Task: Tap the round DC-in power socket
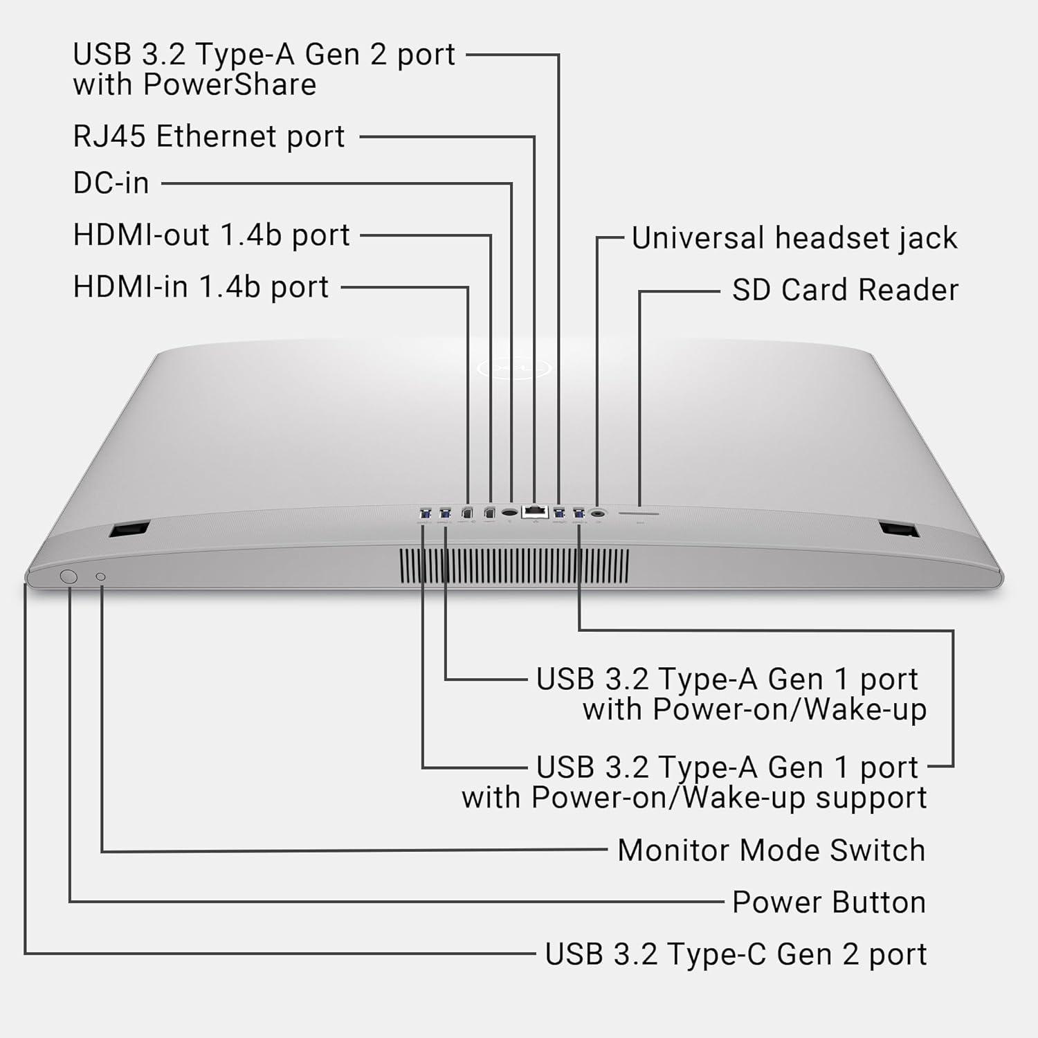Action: [511, 513]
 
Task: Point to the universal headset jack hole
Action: [598, 513]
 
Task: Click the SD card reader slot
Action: [639, 513]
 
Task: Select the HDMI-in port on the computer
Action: [467, 513]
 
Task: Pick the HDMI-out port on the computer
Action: [490, 513]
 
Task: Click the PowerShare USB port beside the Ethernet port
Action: [559, 513]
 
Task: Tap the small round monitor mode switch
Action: [101, 576]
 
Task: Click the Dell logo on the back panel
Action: [513, 367]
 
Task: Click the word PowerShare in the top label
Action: [230, 85]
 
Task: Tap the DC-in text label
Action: [111, 183]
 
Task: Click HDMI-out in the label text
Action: [142, 235]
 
